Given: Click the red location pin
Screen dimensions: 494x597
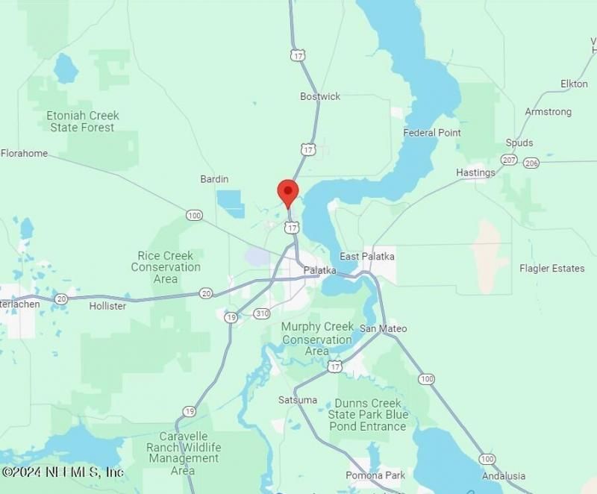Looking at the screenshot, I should (x=288, y=192).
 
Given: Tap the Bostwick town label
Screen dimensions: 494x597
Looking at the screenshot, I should (x=320, y=96).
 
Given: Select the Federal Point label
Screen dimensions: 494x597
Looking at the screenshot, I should (x=432, y=133).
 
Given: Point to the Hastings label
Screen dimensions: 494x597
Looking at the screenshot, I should (x=475, y=172).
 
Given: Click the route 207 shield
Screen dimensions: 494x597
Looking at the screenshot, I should (x=509, y=160).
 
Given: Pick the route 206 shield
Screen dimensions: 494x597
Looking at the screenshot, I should (x=531, y=163).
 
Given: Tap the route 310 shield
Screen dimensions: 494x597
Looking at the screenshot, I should (x=260, y=313).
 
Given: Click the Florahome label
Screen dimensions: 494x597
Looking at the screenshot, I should (x=24, y=154).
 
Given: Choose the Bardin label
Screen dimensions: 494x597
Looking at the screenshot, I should (x=214, y=179).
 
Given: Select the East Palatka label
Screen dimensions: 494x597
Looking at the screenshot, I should (x=367, y=257).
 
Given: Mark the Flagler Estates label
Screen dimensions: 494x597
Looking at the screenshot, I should (x=552, y=268).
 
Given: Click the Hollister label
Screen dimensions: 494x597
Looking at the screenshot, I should (x=107, y=306).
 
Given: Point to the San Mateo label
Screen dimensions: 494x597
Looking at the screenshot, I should (x=384, y=328).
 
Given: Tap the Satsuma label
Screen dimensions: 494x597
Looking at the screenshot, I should (x=298, y=400).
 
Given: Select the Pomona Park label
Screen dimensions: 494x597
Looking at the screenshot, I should (x=375, y=475).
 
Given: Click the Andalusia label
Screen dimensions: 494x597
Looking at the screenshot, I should (x=504, y=476).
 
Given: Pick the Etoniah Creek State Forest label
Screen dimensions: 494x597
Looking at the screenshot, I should (x=83, y=122).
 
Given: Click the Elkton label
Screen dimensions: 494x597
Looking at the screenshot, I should (x=574, y=84).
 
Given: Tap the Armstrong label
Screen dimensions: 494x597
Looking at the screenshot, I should (x=548, y=112).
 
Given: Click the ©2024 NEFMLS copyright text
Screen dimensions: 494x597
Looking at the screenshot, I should (x=63, y=472).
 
